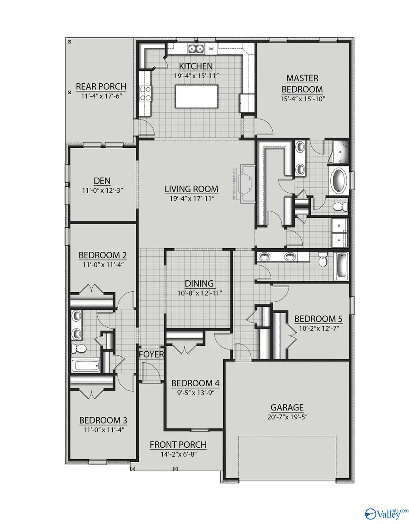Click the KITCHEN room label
pyautogui.click(x=195, y=66)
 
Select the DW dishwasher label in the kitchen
pyautogui.click(x=211, y=48)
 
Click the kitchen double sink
pyautogui.click(x=196, y=48)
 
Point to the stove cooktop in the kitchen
pyautogui.click(x=145, y=93)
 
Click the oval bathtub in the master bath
pyautogui.click(x=338, y=181)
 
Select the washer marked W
pyautogui.click(x=339, y=239)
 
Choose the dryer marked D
pyautogui.click(x=339, y=226)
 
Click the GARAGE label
pyautogui.click(x=287, y=408)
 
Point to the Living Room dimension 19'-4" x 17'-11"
pyautogui.click(x=192, y=198)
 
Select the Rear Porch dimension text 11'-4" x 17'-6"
pyautogui.click(x=101, y=96)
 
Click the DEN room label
pyautogui.click(x=103, y=180)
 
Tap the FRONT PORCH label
pyautogui.click(x=178, y=444)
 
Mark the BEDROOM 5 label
pyautogui.click(x=318, y=318)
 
